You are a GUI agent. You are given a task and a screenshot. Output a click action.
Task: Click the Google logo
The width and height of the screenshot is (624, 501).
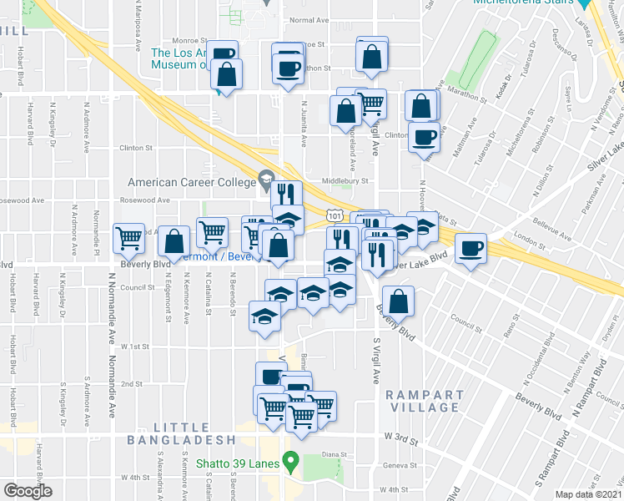28,491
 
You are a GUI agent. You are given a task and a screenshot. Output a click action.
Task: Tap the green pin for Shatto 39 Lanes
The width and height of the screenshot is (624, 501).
290,460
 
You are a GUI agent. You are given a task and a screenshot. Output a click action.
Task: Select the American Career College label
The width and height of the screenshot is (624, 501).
191,182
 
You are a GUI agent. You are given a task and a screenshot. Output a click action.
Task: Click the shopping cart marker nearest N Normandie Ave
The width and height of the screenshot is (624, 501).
128,239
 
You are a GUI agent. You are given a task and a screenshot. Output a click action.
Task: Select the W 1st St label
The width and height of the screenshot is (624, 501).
135,345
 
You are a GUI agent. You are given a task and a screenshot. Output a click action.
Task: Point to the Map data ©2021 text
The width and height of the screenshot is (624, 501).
588,494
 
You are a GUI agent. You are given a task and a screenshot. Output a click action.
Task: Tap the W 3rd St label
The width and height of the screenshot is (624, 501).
399,436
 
